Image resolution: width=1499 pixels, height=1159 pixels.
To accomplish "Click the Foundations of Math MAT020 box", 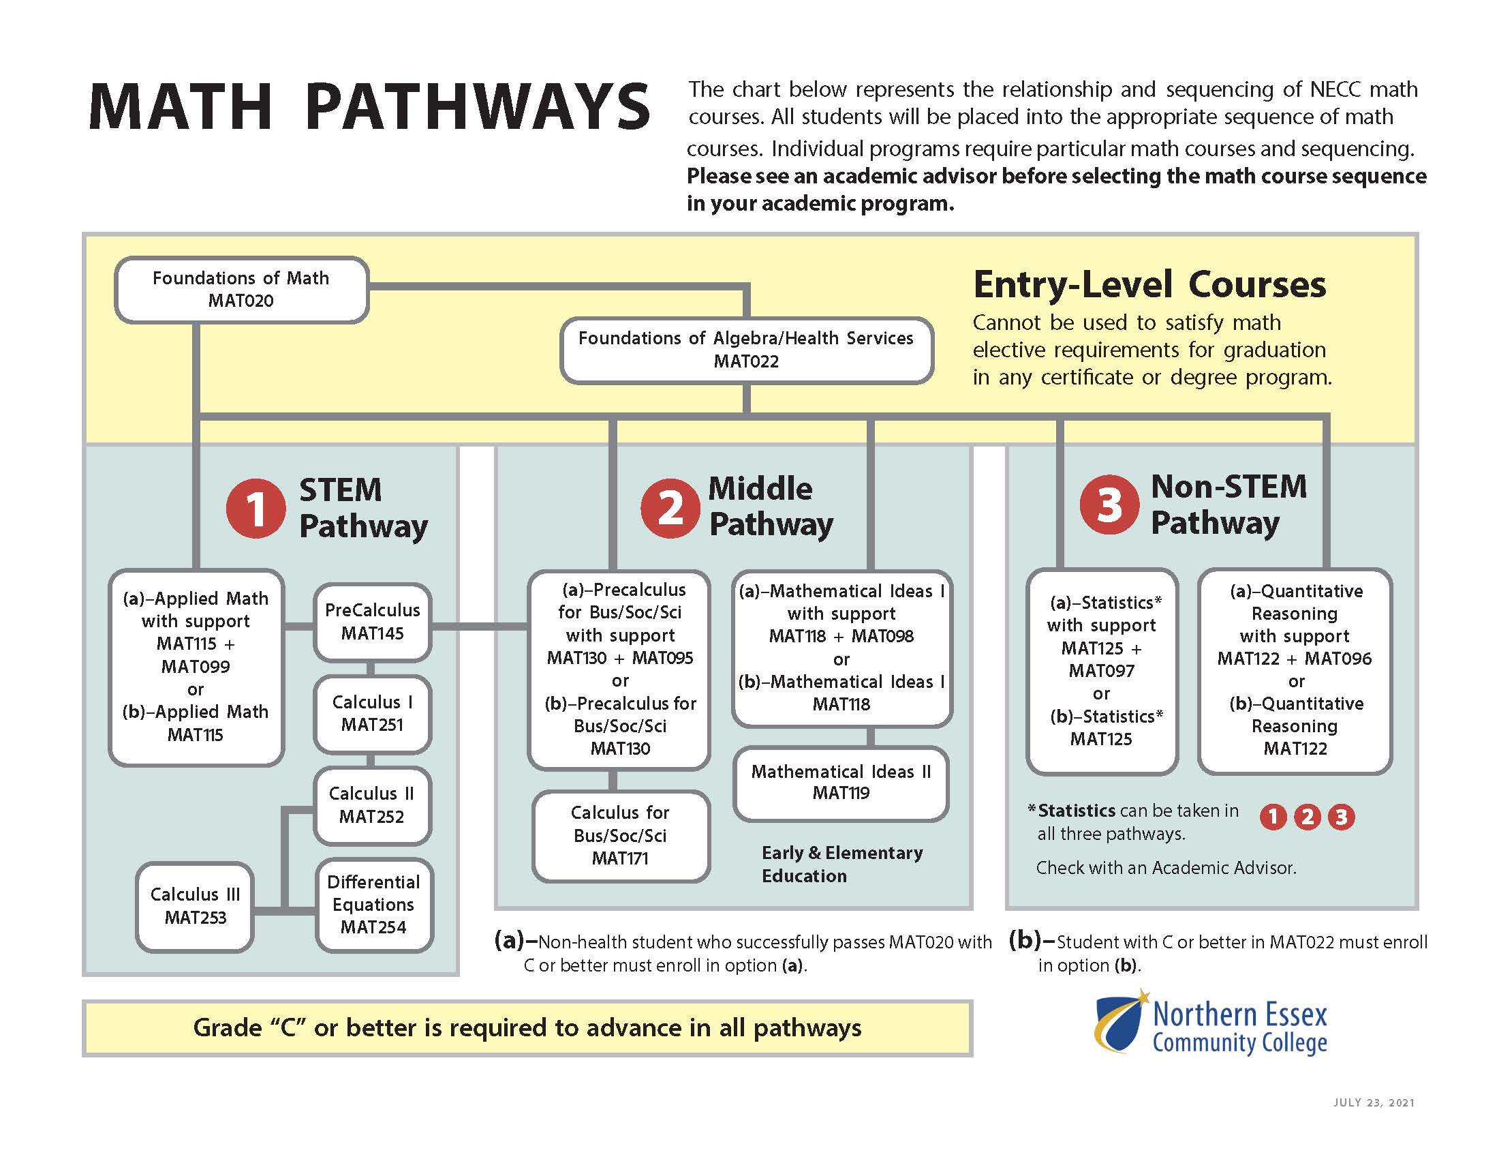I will point(241,289).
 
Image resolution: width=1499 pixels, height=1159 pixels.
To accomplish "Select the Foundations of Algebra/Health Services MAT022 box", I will point(746,350).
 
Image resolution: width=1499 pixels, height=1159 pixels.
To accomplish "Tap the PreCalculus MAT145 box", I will point(372,621).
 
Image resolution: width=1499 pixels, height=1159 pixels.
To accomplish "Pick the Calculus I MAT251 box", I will point(372,713).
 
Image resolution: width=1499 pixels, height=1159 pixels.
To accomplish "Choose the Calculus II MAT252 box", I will point(372,804).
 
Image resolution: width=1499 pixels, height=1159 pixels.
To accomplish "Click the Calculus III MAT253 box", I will point(195,905).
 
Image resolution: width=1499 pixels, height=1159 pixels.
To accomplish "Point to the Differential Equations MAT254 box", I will point(373,904).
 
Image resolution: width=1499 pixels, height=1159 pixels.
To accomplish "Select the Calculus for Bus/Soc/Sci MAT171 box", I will point(620,836).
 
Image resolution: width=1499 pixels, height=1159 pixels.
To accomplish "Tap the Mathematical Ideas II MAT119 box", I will point(841,782).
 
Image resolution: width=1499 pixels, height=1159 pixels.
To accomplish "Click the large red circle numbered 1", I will point(256,509).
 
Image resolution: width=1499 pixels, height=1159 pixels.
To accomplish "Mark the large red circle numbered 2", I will point(670,508).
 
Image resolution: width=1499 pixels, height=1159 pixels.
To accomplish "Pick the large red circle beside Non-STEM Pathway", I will point(1109,505).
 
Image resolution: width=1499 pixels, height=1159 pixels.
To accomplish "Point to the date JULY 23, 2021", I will point(1374,1102).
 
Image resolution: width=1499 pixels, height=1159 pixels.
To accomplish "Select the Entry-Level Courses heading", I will point(1149,284).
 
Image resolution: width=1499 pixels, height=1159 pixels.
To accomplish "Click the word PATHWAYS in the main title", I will point(477,107).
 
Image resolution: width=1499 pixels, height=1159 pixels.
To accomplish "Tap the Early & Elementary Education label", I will point(841,864).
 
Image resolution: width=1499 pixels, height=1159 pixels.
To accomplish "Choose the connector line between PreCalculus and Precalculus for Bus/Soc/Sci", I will point(479,625).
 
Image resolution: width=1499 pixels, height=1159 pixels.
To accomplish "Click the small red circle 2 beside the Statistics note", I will point(1307,816).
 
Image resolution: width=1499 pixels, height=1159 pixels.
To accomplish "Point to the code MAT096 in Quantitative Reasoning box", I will point(1337,659).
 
